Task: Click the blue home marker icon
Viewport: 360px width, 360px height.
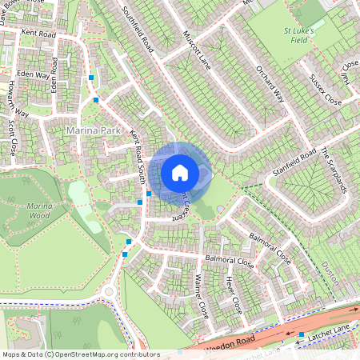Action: [x=180, y=172]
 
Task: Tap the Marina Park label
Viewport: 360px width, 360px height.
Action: [x=87, y=128]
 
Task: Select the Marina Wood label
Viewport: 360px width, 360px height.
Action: [x=39, y=211]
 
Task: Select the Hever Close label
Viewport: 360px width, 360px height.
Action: [x=233, y=294]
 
